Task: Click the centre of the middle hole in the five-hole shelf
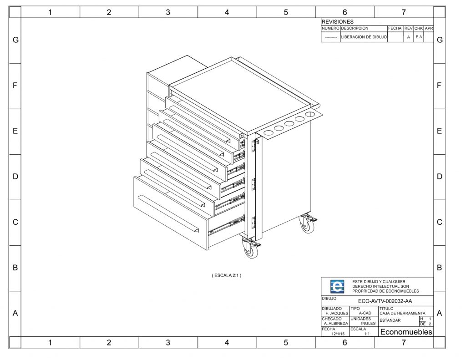point(289,123)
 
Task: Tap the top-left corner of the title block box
point(321,277)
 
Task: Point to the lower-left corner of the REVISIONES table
point(321,42)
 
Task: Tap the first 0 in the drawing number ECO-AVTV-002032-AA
point(389,301)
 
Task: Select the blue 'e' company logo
point(337,286)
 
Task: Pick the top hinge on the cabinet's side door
point(254,146)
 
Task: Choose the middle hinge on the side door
point(254,184)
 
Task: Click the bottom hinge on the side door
point(254,223)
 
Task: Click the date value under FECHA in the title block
point(338,334)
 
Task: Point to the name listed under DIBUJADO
point(337,313)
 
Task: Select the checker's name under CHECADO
point(336,324)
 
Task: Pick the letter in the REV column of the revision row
point(408,37)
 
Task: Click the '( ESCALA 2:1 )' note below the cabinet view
point(227,275)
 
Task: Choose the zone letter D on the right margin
point(439,177)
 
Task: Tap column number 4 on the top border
point(227,12)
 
